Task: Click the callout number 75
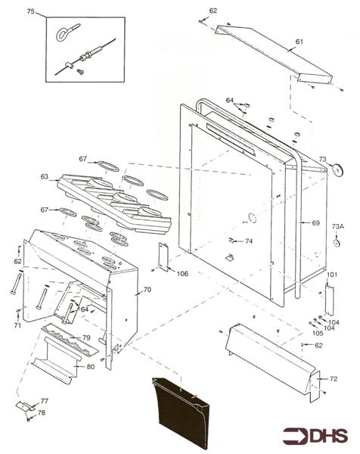31,11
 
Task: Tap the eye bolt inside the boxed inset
67,33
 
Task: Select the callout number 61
299,42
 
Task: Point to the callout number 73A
338,226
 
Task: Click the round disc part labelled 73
337,170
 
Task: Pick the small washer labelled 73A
337,243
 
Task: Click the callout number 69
315,223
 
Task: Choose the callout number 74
249,241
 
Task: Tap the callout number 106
182,274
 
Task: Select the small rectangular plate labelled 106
163,257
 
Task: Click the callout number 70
147,290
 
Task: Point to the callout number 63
45,176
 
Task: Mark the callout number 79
86,337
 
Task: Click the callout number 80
91,366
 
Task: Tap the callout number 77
45,401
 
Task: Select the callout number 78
42,412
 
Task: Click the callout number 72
334,379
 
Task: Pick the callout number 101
332,274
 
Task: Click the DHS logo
315,436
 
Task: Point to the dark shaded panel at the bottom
180,412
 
